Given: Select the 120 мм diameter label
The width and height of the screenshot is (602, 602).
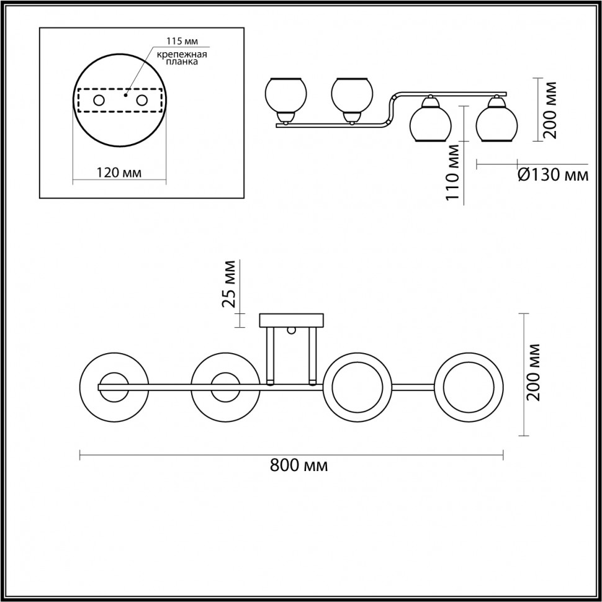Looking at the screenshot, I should coord(119,173).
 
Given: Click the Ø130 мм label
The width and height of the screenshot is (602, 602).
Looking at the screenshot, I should coord(552,176).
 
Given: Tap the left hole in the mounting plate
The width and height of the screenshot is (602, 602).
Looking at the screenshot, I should coord(99,100).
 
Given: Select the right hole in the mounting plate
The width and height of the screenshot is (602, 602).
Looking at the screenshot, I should coord(142,100).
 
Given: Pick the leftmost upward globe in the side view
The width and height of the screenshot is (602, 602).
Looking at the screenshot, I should coord(285,96).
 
